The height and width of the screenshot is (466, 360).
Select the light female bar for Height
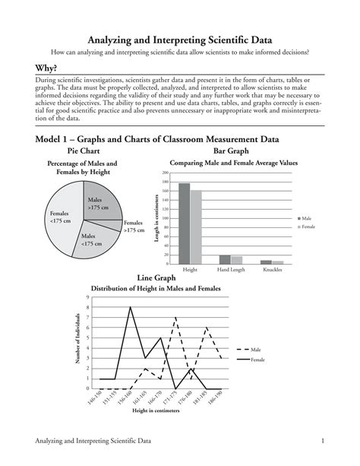(196, 227)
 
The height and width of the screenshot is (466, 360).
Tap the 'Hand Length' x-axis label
(231, 270)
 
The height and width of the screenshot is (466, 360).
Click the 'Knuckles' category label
(272, 270)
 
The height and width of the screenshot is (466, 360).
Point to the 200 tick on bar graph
(165, 173)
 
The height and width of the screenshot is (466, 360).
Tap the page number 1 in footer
(323, 441)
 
